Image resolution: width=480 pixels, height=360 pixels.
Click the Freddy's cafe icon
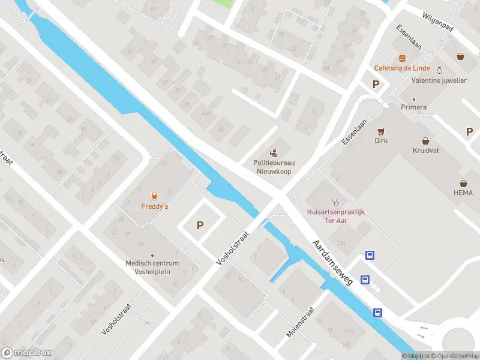click(154, 196)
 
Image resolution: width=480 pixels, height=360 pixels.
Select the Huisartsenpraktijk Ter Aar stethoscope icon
click(335, 202)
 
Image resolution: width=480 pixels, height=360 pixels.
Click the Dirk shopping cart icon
click(380, 131)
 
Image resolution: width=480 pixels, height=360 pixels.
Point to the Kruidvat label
click(425, 150)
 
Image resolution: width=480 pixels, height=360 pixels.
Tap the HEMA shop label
click(463, 193)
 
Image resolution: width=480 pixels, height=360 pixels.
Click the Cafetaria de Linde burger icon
click(401, 58)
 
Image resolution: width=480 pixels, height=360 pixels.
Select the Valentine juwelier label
click(439, 80)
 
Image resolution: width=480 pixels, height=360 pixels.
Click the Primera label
click(414, 107)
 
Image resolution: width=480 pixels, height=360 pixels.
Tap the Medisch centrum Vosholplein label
click(152, 267)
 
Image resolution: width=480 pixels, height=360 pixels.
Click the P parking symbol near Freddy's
click(200, 226)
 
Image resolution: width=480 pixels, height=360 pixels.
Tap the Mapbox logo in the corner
click(26, 353)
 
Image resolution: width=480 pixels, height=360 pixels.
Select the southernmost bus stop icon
click(378, 313)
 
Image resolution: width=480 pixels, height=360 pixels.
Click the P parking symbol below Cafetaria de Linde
click(376, 85)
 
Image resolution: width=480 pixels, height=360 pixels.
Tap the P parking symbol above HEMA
click(470, 132)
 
